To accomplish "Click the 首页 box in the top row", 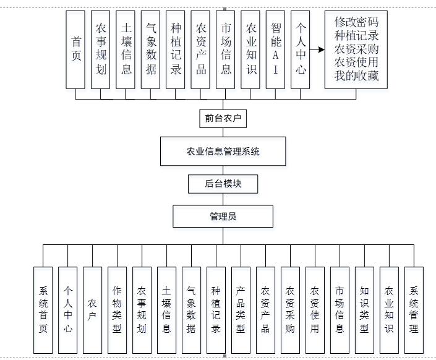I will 76,50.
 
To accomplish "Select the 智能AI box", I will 276,50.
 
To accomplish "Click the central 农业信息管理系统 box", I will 223,152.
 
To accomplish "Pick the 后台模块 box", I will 223,184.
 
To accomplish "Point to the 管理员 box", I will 223,216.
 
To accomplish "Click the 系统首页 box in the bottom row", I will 43,310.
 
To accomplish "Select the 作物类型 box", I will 117,310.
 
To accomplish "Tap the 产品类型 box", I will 241,310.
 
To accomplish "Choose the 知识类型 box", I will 364,310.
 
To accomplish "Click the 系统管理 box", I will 414,310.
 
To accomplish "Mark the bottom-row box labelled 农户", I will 92,310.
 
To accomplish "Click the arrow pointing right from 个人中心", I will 317,50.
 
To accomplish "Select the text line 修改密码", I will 356,22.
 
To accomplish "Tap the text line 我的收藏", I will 356,77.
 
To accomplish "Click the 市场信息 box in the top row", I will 226,50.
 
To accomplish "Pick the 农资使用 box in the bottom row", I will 315,310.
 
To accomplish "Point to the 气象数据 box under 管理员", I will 191,310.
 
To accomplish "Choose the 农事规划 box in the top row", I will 101,50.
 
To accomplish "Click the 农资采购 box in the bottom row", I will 290,310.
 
